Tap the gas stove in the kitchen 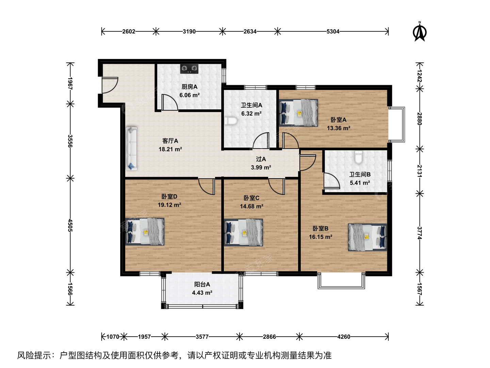click(189, 69)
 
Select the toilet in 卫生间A click(231, 121)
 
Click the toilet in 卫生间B click(358, 157)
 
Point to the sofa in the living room click(131, 149)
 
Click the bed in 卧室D click(145, 231)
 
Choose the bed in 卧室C click(244, 232)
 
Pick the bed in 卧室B click(367, 237)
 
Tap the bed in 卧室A click(298, 112)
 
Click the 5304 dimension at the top click(333, 31)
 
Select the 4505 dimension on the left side click(70, 226)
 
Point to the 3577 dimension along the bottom click(202, 337)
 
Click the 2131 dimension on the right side click(420, 171)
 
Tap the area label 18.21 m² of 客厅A click(170, 149)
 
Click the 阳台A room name click(202, 285)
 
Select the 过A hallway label click(261, 159)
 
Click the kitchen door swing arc click(172, 100)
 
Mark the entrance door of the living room click(110, 85)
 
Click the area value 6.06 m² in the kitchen click(189, 95)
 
